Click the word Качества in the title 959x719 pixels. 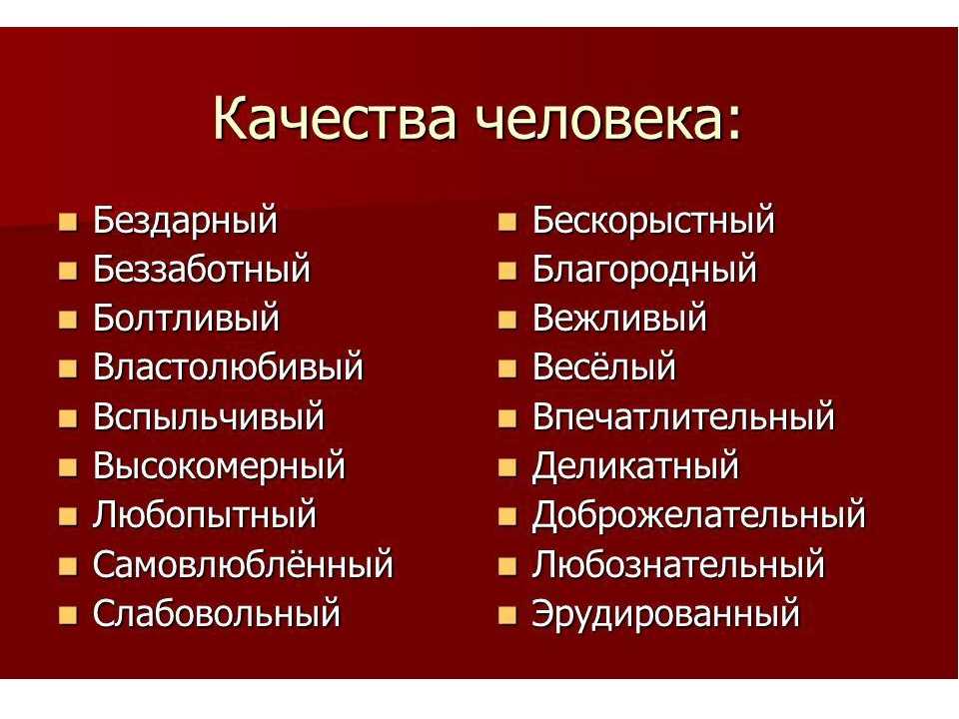point(335,118)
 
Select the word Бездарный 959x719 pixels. point(185,221)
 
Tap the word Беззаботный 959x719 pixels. point(202,269)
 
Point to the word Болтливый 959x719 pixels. point(186,319)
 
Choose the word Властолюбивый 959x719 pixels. point(228,367)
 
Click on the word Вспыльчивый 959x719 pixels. point(209,417)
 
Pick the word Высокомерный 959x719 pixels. point(219,466)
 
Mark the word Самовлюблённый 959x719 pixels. point(243,564)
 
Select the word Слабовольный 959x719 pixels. point(217,613)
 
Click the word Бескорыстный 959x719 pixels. point(653,221)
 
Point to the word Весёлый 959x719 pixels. point(604,366)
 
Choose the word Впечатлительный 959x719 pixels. point(683,417)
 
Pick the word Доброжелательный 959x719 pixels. point(698,515)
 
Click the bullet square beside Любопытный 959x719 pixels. point(69,516)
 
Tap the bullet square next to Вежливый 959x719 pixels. point(507,320)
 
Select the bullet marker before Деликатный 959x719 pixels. point(507,467)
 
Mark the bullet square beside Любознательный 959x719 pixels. point(507,566)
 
